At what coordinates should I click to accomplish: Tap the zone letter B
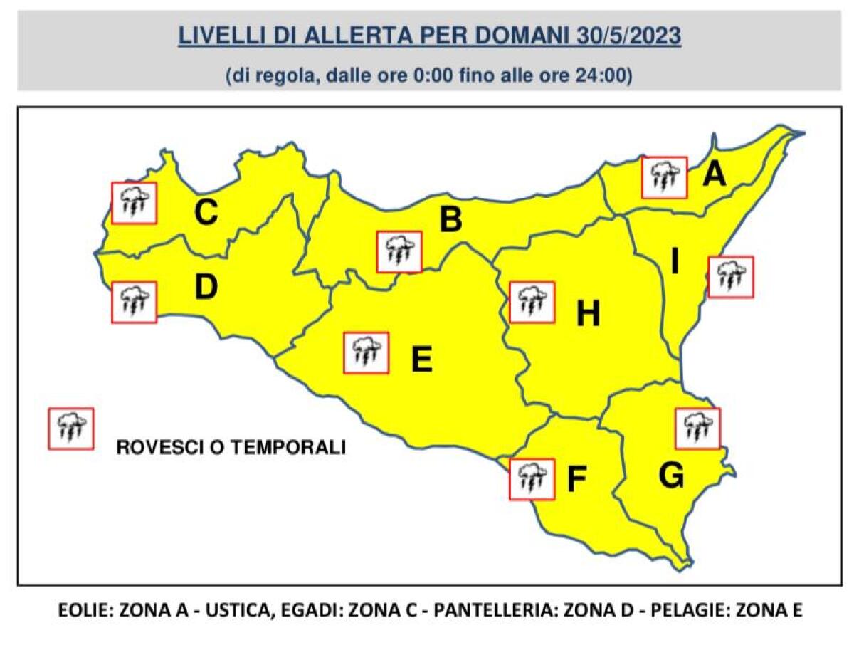[450, 220]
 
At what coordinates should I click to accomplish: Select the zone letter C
[206, 213]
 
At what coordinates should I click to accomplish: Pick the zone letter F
[576, 481]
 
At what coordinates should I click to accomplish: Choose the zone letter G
[671, 476]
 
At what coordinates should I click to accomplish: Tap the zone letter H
[588, 314]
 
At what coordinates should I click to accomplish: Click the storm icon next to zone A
[664, 177]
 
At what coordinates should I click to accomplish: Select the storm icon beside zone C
[135, 203]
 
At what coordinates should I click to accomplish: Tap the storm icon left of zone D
[134, 302]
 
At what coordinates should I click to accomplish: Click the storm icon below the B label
[399, 251]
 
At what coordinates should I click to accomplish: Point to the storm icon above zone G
[697, 429]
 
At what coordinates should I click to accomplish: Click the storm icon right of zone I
[730, 276]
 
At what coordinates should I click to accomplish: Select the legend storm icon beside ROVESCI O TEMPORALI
[70, 429]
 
